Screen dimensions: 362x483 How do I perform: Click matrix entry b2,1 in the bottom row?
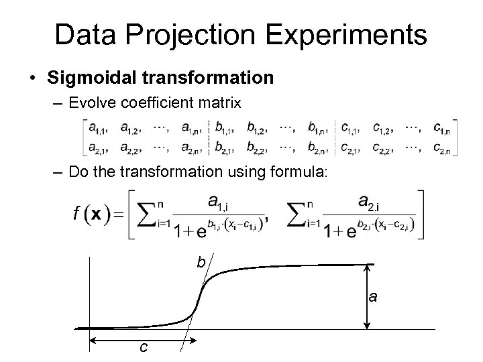227,148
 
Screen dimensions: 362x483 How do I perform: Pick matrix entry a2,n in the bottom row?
193,148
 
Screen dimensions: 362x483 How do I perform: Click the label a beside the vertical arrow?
373,296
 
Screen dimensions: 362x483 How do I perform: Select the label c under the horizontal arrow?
143,347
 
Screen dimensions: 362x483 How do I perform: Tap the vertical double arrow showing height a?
366,296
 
